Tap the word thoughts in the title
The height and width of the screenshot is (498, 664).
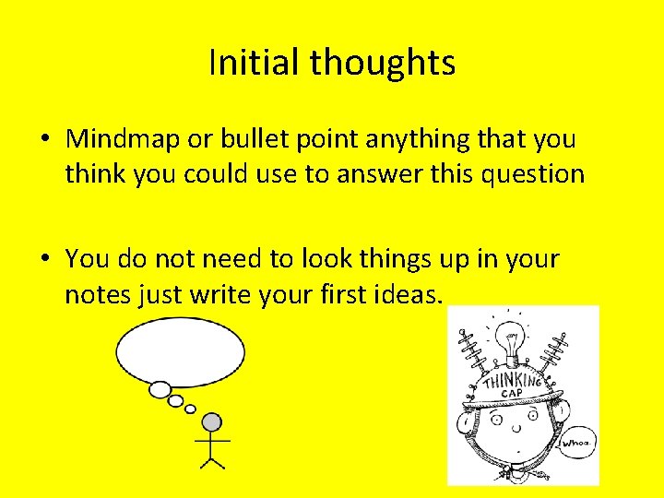[383, 64]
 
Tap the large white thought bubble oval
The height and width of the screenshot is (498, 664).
[180, 351]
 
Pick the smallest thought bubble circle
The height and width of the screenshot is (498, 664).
[191, 409]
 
